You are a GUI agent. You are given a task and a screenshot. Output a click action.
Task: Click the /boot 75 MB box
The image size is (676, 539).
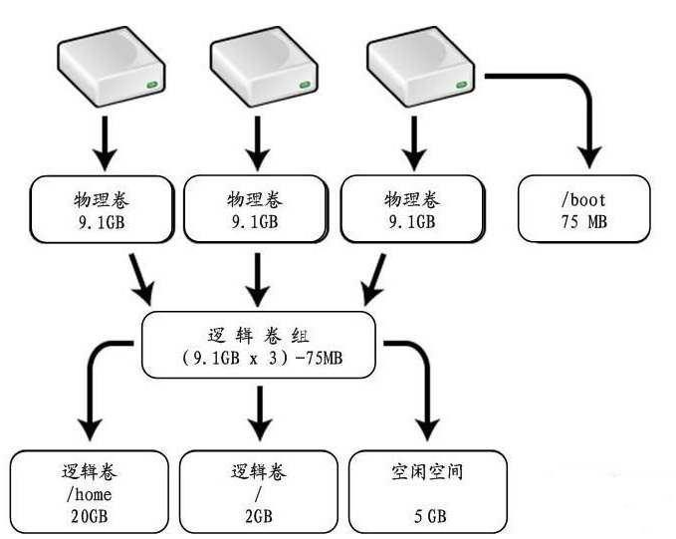(584, 209)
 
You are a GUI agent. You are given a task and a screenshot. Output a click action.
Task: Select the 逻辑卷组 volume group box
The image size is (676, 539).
(259, 344)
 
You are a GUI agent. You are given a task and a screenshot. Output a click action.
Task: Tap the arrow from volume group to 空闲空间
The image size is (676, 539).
(418, 389)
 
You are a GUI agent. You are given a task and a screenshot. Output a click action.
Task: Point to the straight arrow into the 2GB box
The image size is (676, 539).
(259, 413)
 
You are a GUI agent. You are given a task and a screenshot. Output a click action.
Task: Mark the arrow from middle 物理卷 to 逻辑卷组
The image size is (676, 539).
(259, 279)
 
